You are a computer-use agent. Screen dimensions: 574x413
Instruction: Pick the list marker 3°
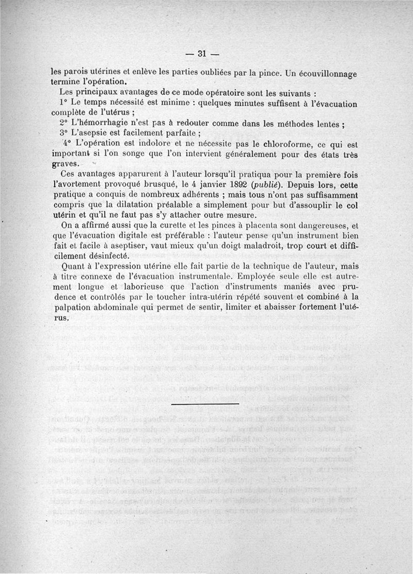(x=65, y=133)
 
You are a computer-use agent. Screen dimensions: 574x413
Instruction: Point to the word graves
(x=65, y=164)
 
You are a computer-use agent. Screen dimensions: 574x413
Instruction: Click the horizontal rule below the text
(x=204, y=403)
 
